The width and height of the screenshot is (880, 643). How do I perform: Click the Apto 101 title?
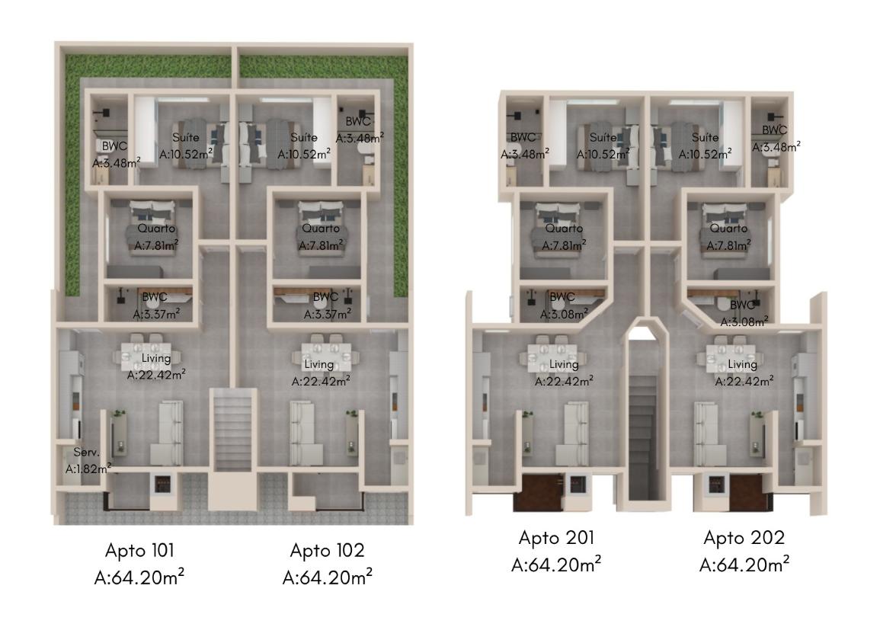[x=139, y=550]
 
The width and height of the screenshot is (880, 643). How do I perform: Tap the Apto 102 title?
[x=327, y=550]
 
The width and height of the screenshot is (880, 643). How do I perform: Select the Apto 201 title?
[x=556, y=538]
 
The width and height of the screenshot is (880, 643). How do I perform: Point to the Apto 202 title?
[x=744, y=538]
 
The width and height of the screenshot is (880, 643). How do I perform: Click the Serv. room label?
[x=86, y=453]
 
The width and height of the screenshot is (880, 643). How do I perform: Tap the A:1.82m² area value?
[x=88, y=468]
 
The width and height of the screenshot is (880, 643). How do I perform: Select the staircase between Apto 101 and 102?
[x=233, y=429]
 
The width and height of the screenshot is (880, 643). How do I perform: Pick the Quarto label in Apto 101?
[x=156, y=229]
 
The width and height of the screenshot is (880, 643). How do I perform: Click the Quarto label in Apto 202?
[x=728, y=229]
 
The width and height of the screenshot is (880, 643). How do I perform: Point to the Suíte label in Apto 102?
[x=304, y=137]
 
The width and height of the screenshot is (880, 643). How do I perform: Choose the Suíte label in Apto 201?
[x=603, y=137]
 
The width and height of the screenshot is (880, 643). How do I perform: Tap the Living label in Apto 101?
[x=156, y=359]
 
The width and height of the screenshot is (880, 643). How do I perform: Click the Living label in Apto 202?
[x=743, y=365]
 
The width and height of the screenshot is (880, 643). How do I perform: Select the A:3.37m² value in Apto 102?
[x=328, y=314]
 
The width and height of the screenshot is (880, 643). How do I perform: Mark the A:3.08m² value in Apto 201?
[x=564, y=314]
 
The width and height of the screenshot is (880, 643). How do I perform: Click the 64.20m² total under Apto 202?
[x=744, y=565]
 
